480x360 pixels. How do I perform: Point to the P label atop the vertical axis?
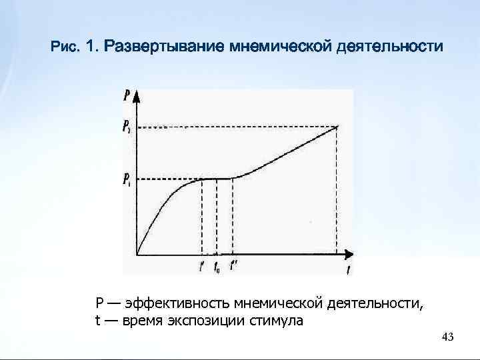pos(127,95)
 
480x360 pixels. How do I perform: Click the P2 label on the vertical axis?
pos(126,125)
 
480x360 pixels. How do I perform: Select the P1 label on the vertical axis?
pos(126,179)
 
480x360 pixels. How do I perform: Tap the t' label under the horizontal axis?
pos(202,267)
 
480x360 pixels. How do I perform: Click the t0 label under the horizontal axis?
pos(217,268)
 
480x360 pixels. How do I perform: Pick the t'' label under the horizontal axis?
pos(233,267)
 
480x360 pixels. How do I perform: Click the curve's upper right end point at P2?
pos(338,126)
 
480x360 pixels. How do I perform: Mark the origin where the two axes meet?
pos(137,255)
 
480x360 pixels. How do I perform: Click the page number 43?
pos(447,338)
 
